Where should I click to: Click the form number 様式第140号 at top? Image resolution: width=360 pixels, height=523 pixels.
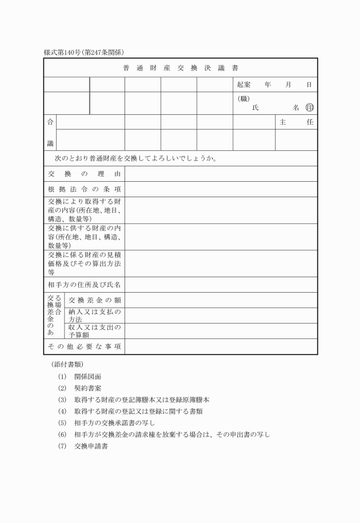point(63,53)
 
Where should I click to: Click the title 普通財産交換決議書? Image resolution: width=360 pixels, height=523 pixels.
point(181,68)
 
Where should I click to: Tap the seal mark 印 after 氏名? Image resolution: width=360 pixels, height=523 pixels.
point(310,107)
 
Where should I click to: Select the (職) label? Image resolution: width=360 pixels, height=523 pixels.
point(244,98)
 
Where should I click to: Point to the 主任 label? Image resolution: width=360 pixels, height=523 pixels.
point(296,122)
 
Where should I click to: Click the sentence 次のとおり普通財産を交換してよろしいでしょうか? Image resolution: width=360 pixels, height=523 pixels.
point(135,158)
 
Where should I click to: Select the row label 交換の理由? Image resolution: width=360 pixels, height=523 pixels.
point(85,174)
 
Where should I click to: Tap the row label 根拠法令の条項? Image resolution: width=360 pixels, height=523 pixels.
point(85,189)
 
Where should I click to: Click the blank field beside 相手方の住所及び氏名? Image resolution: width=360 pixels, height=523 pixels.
point(221,284)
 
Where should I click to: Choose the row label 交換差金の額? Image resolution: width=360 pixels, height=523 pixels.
point(95,300)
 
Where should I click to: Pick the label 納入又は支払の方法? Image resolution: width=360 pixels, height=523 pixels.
point(95,316)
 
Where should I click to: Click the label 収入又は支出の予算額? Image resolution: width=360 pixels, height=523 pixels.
point(95,331)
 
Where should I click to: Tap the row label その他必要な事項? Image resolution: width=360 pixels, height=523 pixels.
point(85,346)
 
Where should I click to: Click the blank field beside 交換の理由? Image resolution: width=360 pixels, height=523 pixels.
point(221,174)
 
